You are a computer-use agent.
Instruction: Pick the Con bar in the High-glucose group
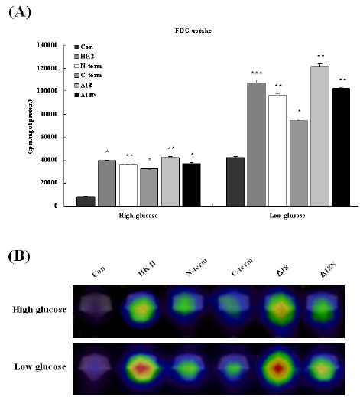pos(86,200)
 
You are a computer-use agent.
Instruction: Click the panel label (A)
pos(18,11)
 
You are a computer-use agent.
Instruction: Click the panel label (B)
pos(18,255)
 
